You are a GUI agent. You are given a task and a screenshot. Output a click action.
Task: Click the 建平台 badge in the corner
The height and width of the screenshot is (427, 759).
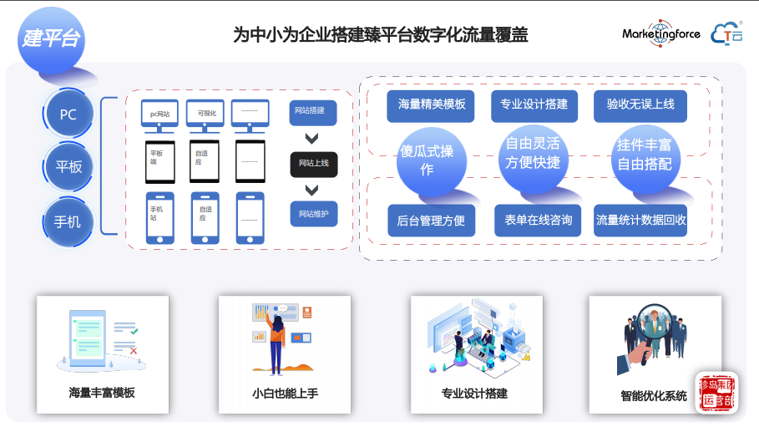point(51,38)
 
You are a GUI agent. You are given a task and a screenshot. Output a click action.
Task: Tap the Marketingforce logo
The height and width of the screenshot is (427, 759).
point(660,33)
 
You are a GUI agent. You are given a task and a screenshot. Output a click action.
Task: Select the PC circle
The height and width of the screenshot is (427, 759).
point(68,114)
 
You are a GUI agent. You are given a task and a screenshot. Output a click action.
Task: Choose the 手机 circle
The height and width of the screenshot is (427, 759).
point(68,221)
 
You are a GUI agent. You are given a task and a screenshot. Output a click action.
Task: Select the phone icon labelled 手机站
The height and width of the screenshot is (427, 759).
point(160,218)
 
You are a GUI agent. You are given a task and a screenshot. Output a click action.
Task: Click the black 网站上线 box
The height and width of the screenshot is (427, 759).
point(313,163)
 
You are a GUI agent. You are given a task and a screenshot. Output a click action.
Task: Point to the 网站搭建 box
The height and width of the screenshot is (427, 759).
point(313,112)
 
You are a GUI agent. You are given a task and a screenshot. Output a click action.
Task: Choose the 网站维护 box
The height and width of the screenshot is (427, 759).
point(313,214)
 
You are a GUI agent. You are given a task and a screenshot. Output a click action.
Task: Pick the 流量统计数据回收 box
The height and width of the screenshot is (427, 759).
point(640,221)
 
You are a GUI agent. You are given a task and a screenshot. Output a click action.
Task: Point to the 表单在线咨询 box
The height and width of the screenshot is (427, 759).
point(538,221)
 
